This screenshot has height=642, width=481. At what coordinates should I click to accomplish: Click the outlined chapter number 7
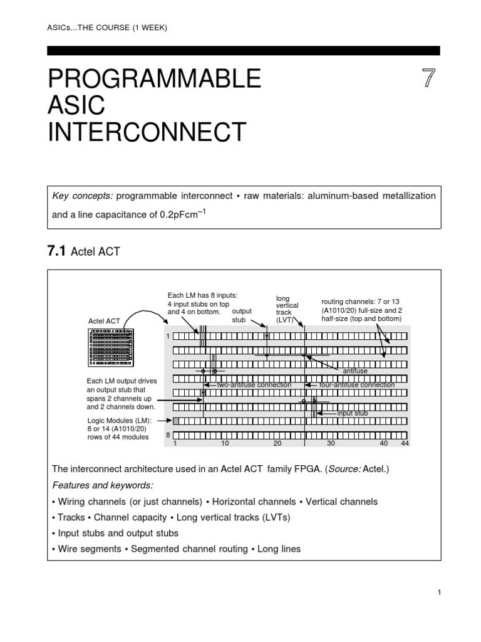click(429, 80)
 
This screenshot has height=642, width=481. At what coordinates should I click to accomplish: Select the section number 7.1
click(56, 252)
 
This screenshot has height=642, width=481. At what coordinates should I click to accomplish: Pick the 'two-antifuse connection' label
click(254, 384)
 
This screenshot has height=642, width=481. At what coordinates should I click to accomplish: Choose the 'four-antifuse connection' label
click(356, 384)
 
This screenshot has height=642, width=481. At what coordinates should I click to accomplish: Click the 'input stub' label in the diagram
click(352, 414)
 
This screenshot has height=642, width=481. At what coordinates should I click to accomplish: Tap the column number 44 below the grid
click(404, 443)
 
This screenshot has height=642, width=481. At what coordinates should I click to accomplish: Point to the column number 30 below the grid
click(331, 443)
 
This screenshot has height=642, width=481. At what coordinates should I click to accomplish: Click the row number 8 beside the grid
click(168, 434)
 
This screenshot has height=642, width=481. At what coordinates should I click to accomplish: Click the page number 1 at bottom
click(438, 592)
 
